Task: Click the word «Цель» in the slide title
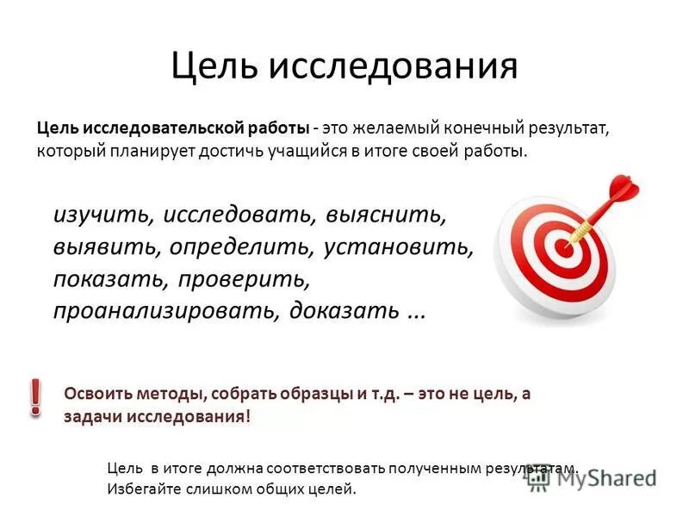214,65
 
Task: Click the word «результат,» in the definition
565,128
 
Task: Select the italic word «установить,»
400,247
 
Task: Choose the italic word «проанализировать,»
167,311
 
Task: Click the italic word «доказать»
344,311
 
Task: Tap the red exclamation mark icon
35,396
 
